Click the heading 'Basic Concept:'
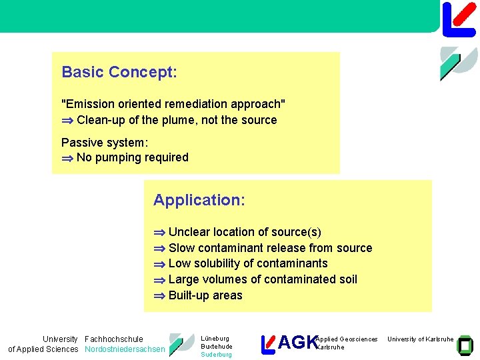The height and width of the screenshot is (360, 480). point(119,72)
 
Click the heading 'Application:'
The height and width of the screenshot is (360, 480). point(199,200)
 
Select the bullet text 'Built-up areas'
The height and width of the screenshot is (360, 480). point(205,295)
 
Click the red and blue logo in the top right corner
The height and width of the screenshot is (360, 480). point(459,19)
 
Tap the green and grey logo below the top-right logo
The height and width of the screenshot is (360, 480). point(459,63)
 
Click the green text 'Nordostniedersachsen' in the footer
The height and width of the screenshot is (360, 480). point(125,349)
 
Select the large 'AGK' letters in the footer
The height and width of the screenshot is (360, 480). point(297,343)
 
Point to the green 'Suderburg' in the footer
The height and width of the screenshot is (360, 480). point(216,355)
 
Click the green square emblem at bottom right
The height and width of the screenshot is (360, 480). point(465,344)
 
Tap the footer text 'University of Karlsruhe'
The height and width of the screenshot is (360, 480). point(421,339)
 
